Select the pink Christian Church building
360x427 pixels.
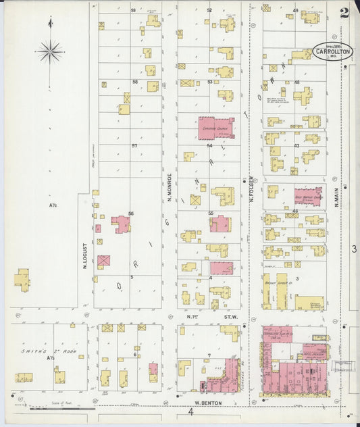[215, 127]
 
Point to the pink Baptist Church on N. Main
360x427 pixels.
[307, 195]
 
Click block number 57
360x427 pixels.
[134, 146]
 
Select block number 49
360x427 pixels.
[295, 11]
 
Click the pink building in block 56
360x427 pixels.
[121, 224]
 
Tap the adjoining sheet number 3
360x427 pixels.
[353, 249]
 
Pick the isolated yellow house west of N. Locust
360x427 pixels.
[22, 280]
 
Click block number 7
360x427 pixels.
[209, 355]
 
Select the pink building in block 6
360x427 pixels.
[153, 370]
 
